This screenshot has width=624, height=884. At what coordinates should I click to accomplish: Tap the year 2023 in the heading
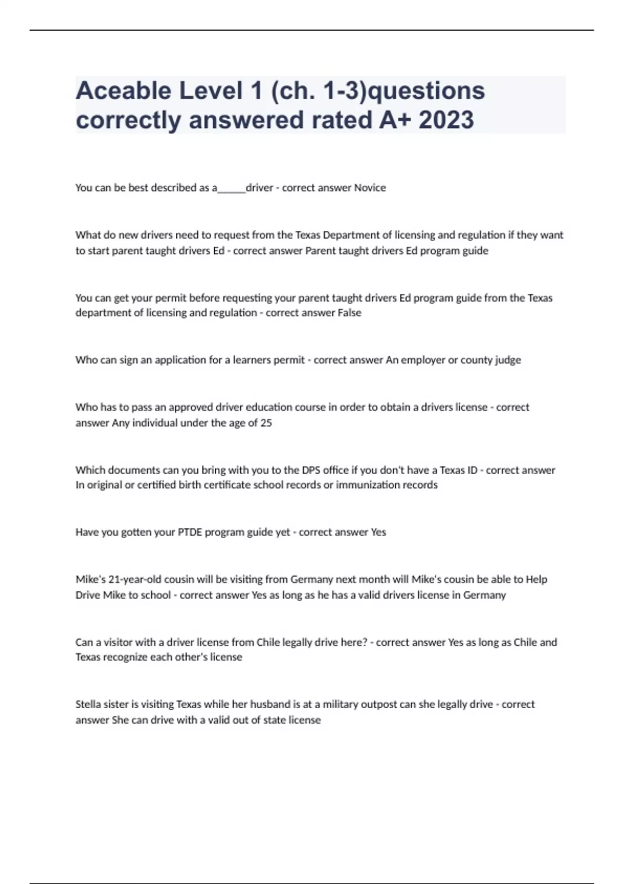[x=446, y=120]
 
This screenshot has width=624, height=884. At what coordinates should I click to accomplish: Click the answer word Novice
[x=370, y=188]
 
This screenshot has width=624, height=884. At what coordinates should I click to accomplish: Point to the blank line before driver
[x=231, y=190]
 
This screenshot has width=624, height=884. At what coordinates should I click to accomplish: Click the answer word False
[x=349, y=313]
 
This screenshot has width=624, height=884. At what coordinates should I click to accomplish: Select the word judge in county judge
[x=508, y=360]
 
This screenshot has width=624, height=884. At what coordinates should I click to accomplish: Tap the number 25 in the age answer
[x=266, y=423]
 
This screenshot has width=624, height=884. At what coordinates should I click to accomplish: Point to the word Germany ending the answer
[x=484, y=595]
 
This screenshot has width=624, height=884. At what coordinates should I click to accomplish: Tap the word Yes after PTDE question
[x=378, y=532]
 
